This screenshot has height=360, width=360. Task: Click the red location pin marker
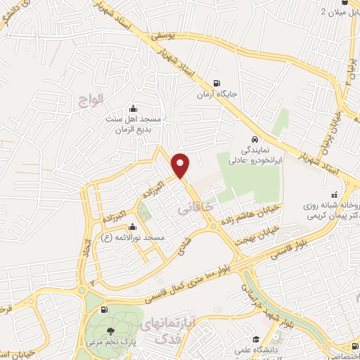[x=182, y=165]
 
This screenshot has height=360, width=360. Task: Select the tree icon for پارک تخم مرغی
[x=109, y=330]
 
